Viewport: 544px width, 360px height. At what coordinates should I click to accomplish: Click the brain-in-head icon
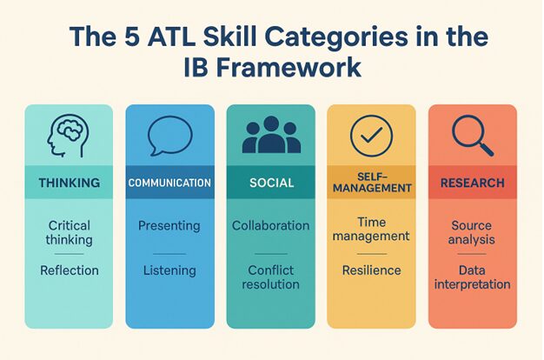pos(68,136)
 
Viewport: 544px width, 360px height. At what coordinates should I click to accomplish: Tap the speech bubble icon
pos(169,136)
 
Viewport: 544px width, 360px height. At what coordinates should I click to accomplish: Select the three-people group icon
pos(271,135)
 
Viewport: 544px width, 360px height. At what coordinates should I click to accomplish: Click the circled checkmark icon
pos(371,136)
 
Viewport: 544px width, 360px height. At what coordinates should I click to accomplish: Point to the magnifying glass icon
pos(472,136)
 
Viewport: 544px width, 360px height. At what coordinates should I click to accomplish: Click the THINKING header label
pos(70,183)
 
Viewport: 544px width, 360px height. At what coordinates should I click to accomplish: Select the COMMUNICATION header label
pos(169,183)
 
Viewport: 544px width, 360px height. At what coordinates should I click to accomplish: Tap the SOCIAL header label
pos(272,183)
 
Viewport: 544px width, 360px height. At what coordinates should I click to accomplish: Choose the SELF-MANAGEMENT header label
pos(372,183)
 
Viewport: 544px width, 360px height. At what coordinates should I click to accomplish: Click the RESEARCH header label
pos(473,183)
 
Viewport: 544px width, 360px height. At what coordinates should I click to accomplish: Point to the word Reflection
pos(70,270)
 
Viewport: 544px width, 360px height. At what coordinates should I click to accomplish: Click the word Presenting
pos(169,226)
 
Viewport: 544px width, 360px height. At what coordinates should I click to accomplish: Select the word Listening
pos(169,270)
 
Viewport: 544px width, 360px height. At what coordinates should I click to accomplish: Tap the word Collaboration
pos(270,225)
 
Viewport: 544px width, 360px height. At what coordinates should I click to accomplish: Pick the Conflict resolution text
pos(270,277)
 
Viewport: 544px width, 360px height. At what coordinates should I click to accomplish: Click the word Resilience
pos(372,270)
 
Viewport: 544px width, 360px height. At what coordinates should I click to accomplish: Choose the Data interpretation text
pos(472,277)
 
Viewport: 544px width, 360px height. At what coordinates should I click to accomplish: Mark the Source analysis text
pos(472,232)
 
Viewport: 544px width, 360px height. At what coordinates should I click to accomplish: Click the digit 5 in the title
pos(132,37)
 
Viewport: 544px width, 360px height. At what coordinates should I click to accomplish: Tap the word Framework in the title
pos(289,67)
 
